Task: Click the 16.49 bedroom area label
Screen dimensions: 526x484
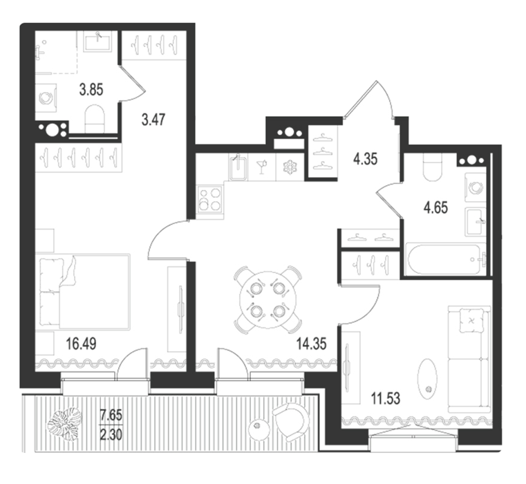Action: pos(82,344)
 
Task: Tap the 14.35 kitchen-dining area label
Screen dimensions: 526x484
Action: pos(312,344)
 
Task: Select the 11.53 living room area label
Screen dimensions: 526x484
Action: pos(386,399)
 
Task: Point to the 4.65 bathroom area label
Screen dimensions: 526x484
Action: pos(435,207)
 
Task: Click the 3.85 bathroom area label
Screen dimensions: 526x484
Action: pos(91,90)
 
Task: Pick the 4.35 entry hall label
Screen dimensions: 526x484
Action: pos(366,159)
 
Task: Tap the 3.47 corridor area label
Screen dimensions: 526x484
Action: pos(153,120)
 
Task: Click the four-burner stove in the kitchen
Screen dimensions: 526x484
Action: pos(210,200)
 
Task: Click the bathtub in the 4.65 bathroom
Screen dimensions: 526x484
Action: pos(445,259)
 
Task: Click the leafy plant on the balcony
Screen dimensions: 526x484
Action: pos(65,424)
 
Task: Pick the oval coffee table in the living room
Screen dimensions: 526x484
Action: pos(427,380)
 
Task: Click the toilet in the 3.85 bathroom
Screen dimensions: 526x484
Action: pos(94,119)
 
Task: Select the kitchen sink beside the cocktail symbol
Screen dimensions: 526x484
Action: pos(238,167)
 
